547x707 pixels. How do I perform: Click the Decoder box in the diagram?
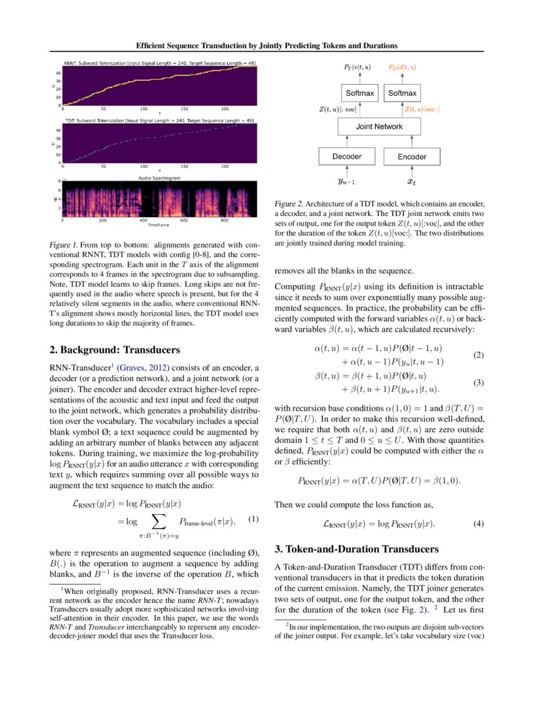coord(347,156)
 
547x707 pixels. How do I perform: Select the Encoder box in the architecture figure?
coord(412,156)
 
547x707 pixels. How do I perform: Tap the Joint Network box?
coord(379,127)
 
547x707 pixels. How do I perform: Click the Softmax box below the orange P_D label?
coord(402,94)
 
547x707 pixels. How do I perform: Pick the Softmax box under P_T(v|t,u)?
coord(360,94)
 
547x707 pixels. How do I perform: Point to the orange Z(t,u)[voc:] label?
coord(422,110)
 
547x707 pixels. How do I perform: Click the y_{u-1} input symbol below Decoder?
coord(346,182)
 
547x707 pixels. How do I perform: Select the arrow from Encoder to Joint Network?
coord(412,141)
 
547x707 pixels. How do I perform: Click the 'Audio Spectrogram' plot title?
coord(160,177)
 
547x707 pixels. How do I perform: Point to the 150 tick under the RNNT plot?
coord(185,109)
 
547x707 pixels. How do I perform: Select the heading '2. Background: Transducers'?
coord(115,350)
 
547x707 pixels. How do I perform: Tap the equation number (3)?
coord(478,382)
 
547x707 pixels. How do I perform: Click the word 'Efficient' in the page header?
coord(153,46)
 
